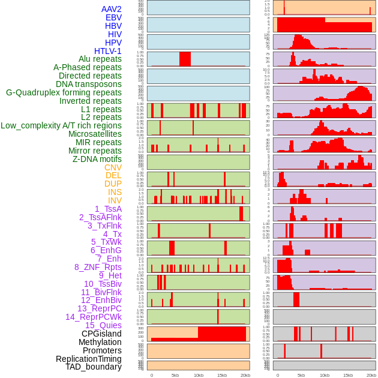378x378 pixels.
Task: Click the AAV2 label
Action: point(111,9)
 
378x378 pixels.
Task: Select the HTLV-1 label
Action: point(107,51)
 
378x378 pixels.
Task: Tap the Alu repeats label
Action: point(100,59)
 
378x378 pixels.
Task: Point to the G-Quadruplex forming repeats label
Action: point(64,93)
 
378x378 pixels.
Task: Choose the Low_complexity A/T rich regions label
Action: point(61,126)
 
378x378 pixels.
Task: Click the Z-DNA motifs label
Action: point(97,160)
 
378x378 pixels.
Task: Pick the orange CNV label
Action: point(113,167)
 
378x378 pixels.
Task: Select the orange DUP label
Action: point(113,184)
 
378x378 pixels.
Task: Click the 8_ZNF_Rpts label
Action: point(98,267)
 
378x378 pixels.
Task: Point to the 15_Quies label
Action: point(103,325)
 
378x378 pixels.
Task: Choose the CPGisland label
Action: point(101,334)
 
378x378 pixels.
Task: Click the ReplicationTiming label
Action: point(88,359)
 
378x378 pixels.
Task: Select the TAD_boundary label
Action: point(93,367)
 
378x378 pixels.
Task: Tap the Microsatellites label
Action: point(95,134)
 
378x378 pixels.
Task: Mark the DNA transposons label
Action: point(89,85)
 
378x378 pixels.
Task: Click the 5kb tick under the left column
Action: point(175,375)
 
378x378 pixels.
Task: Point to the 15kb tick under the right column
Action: point(348,375)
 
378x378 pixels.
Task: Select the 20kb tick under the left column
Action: point(245,375)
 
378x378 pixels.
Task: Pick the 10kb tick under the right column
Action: point(325,375)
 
